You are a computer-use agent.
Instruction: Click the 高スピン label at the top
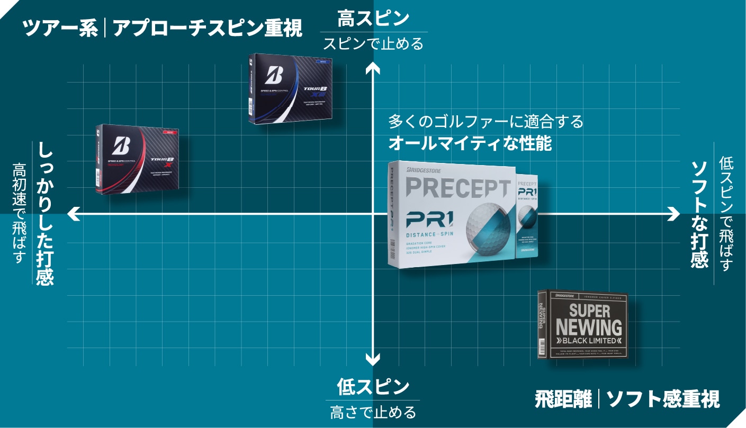[x=373, y=19]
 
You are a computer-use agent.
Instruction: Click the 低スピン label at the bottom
[x=373, y=387]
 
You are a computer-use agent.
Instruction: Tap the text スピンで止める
[x=373, y=43]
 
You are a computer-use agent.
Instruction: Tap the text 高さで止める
[x=373, y=412]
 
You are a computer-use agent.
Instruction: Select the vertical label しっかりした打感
[x=46, y=214]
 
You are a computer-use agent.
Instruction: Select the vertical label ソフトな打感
[x=699, y=214]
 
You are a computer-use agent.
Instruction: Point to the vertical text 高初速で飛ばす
[x=20, y=214]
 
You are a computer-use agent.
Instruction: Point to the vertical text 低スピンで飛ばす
[x=725, y=214]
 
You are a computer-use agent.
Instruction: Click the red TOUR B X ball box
[x=138, y=159]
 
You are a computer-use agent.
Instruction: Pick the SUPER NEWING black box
[x=583, y=324]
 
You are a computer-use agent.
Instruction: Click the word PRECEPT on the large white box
[x=458, y=188]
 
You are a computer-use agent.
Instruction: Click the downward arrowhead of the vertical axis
[x=373, y=361]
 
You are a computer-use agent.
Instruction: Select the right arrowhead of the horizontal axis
[x=674, y=214]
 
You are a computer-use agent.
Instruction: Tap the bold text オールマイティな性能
[x=470, y=143]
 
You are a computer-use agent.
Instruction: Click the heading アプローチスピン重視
[x=207, y=28]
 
